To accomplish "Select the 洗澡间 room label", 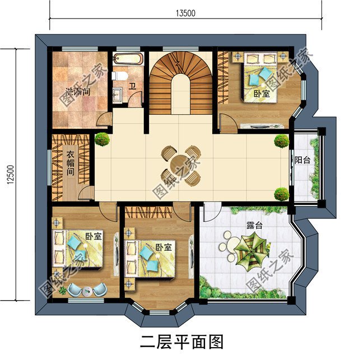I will point(78,91).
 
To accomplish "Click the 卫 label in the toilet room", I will point(133,86).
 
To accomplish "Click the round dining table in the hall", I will point(177,163).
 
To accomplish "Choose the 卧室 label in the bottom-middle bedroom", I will point(164,247).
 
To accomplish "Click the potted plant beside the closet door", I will point(101,139).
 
